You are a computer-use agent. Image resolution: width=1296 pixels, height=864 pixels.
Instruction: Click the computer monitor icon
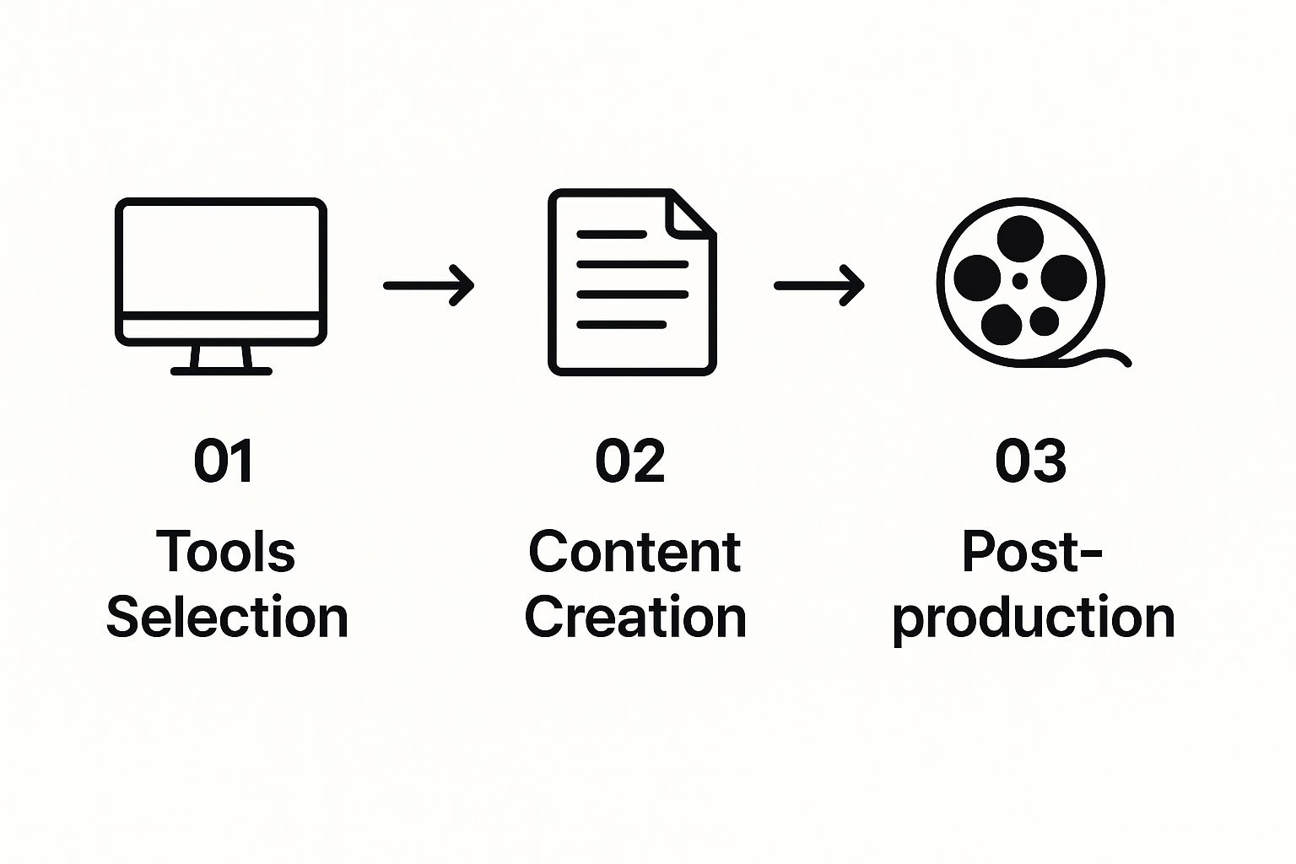pyautogui.click(x=221, y=272)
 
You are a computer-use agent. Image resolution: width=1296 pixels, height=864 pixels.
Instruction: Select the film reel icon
pyautogui.click(x=1021, y=282)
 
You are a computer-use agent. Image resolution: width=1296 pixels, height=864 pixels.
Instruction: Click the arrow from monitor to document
pyautogui.click(x=429, y=285)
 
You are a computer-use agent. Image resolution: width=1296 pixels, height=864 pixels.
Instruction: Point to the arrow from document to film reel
pyautogui.click(x=819, y=285)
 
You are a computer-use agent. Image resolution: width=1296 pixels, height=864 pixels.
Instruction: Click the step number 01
pyautogui.click(x=224, y=461)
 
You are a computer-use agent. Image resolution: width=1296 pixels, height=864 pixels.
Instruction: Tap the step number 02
pyautogui.click(x=630, y=461)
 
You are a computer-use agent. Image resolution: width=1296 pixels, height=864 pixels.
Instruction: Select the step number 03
pyautogui.click(x=1030, y=461)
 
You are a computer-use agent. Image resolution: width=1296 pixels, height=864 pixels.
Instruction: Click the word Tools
pyautogui.click(x=225, y=552)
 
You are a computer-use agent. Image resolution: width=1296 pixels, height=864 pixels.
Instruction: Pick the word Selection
pyautogui.click(x=227, y=617)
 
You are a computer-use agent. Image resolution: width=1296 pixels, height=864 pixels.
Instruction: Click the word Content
pyautogui.click(x=634, y=552)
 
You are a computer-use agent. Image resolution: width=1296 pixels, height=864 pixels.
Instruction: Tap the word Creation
pyautogui.click(x=635, y=617)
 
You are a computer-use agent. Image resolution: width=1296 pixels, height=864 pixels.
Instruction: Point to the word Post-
pyautogui.click(x=1032, y=552)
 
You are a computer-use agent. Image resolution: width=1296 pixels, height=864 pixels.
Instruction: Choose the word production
pyautogui.click(x=1034, y=618)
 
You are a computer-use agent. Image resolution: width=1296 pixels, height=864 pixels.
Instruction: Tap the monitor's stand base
pyautogui.click(x=221, y=370)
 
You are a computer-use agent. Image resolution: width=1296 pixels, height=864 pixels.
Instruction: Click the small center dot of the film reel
pyautogui.click(x=1020, y=280)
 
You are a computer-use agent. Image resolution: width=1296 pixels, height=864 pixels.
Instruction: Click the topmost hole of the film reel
pyautogui.click(x=1020, y=237)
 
